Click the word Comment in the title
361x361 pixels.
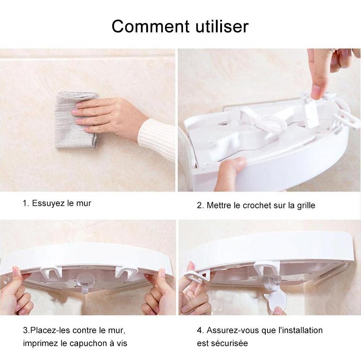pos(151,26)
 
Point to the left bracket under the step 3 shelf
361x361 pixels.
pos(51,272)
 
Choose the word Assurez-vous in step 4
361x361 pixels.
pos(233,330)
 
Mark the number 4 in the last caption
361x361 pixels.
pos(199,330)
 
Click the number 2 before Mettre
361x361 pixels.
pos(199,205)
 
